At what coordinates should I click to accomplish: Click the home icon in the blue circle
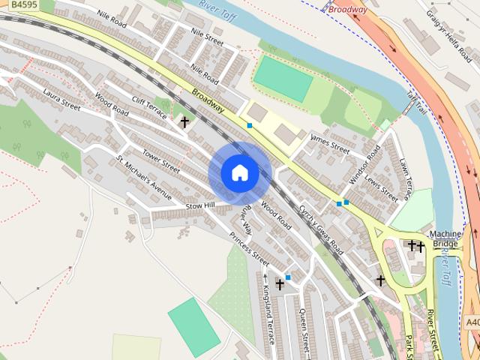click(239, 172)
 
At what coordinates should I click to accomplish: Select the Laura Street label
click(61, 100)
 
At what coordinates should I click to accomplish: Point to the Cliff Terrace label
click(150, 109)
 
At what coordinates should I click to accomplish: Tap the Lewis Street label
click(382, 184)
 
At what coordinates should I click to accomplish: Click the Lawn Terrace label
click(406, 178)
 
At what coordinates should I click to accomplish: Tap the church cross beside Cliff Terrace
click(184, 121)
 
